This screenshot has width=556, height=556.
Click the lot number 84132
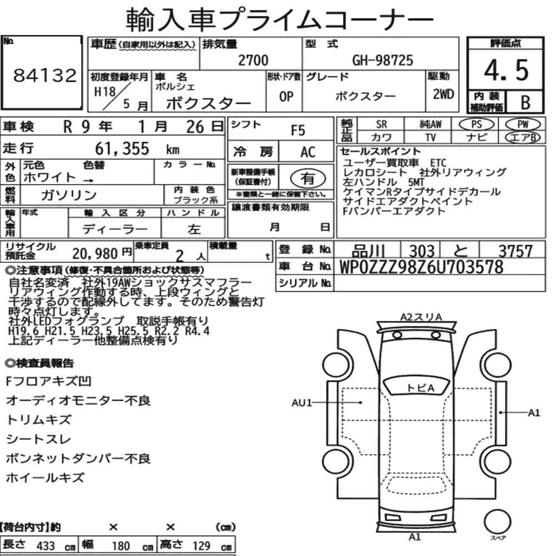pos(44,75)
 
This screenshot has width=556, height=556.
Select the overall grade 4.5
pos(506,70)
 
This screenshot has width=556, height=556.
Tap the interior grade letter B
pos(525,102)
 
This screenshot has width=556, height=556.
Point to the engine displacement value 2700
pos(253,60)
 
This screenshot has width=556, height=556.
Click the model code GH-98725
pos(383,60)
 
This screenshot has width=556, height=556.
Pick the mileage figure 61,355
pos(122,148)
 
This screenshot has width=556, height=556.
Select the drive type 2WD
pos(443,94)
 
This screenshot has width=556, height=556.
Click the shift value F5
pos(298,131)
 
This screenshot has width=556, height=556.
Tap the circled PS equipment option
pos(476,125)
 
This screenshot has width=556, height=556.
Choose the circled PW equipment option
pos(523,125)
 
